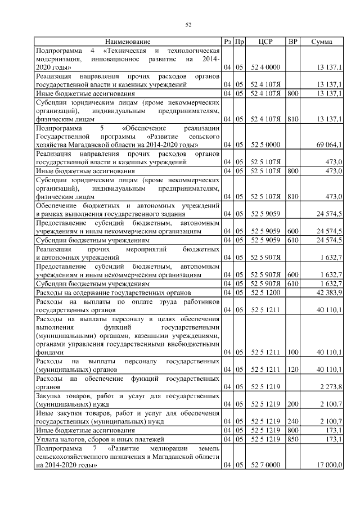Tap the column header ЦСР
265,42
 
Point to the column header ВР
292,42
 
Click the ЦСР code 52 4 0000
265,67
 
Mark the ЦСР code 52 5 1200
265,293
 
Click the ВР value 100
292,352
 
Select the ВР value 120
292,370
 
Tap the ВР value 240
292,421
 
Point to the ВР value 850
292,438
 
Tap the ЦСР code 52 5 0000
265,145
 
